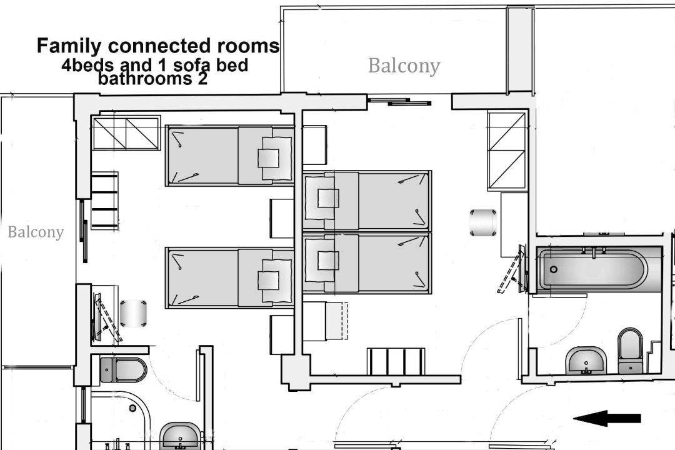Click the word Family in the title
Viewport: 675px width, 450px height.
click(x=69, y=46)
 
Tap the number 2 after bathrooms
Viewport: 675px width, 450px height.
click(x=202, y=79)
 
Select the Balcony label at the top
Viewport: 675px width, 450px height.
click(x=404, y=66)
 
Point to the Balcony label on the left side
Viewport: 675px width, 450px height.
click(x=36, y=232)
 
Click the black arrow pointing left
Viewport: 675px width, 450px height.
click(x=607, y=418)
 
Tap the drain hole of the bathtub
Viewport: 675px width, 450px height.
click(x=554, y=269)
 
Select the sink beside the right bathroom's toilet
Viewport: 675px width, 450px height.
click(x=586, y=361)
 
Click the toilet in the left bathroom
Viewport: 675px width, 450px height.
click(x=124, y=369)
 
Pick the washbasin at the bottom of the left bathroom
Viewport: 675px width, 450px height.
click(x=181, y=436)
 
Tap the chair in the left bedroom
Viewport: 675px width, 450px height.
click(x=133, y=314)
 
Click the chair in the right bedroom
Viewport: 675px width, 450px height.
click(x=483, y=222)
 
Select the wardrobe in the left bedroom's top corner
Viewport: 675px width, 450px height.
click(x=126, y=133)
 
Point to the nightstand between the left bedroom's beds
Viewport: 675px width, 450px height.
click(x=281, y=218)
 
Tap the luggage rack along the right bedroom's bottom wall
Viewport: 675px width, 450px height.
click(x=396, y=361)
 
